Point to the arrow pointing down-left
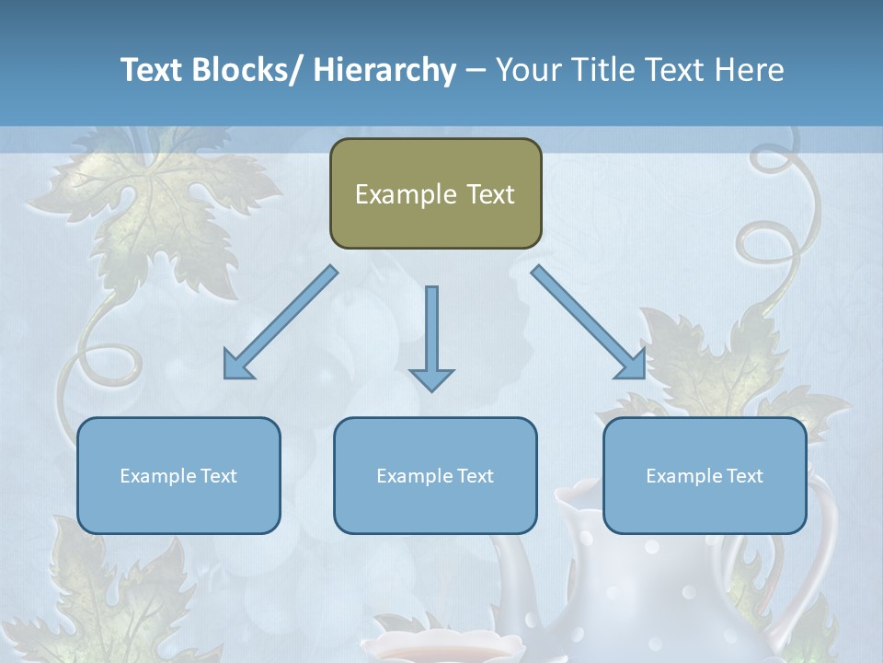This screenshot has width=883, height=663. (x=281, y=322)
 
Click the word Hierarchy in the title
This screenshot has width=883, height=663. (x=384, y=71)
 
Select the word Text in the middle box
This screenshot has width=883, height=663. (x=472, y=476)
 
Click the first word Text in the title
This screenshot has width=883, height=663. (x=152, y=71)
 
